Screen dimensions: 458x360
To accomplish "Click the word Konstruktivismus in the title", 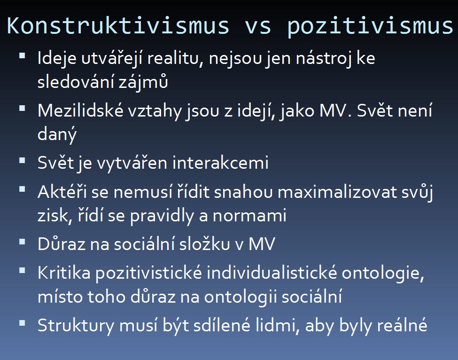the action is [118, 26].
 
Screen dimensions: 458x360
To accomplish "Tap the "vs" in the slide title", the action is [258, 27].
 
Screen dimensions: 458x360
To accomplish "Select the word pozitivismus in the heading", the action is [370, 27].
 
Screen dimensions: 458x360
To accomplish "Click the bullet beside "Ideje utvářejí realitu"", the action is [22, 56].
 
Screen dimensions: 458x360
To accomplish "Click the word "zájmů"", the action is [143, 81].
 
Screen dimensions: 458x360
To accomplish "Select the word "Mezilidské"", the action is [81, 111].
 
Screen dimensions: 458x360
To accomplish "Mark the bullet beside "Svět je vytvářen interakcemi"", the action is [22, 160].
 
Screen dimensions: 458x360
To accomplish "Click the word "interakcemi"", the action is [220, 163].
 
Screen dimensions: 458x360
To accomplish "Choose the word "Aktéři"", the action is [62, 192].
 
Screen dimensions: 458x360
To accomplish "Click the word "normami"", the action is [250, 216].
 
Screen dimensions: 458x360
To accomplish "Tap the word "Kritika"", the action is [64, 273].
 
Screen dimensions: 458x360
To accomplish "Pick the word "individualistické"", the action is [272, 273].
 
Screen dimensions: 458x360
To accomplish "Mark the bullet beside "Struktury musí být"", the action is [22, 323].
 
